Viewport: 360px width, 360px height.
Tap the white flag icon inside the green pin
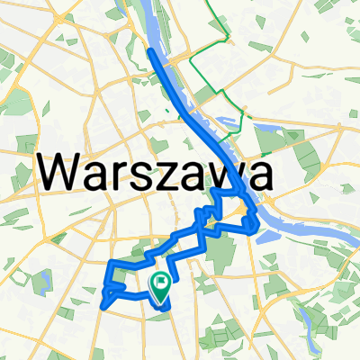click(161, 283)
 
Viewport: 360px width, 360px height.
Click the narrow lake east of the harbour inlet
click(271, 135)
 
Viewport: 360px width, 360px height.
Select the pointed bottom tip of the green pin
click(160, 303)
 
